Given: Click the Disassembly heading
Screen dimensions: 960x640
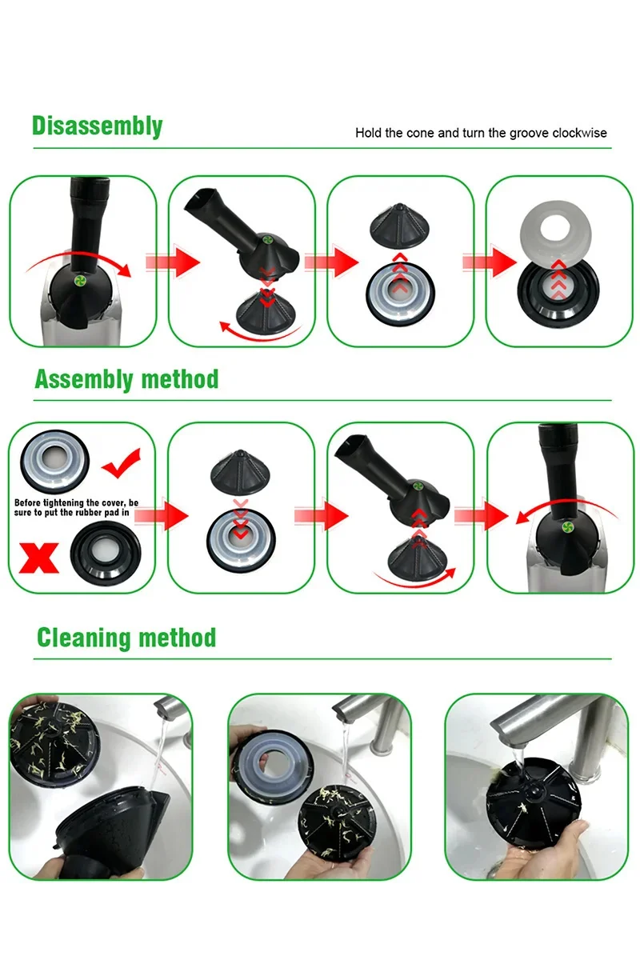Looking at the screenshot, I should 97,126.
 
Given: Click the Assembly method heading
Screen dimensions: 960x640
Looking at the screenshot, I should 126,378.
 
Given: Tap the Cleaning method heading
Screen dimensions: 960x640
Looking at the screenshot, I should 126,638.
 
